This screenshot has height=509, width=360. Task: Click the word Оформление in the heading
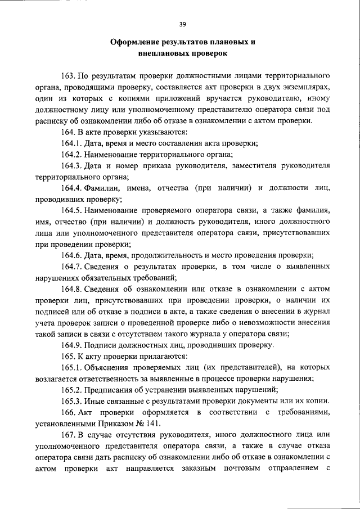(x=134, y=43)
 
